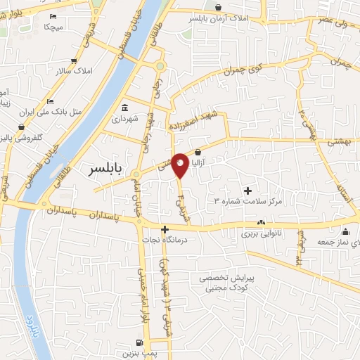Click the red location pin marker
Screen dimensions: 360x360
pos(180,165)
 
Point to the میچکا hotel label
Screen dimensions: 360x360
pos(54,27)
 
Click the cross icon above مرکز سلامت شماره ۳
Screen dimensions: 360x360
pos(247,191)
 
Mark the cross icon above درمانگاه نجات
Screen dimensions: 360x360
pos(165,229)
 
